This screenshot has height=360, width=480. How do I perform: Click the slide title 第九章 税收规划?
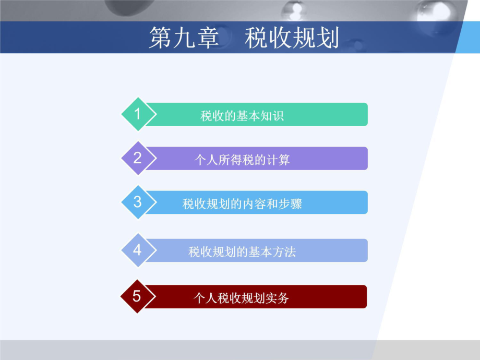point(244,38)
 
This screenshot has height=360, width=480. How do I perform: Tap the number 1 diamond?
point(137,114)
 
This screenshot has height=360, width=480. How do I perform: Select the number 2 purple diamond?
point(137,158)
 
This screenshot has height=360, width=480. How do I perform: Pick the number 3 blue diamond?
point(137,202)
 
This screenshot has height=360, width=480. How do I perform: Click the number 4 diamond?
point(137,250)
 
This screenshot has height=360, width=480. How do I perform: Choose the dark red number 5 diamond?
point(137,296)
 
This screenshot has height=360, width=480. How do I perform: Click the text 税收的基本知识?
point(242,115)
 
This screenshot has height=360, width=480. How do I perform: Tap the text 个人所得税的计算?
point(242,159)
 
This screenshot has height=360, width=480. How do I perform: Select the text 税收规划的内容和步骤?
point(242,203)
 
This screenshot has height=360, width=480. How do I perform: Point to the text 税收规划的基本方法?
point(242,252)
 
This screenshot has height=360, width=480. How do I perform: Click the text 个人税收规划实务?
point(241,298)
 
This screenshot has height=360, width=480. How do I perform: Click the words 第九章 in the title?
point(183,38)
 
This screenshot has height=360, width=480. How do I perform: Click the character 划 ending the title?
point(328,38)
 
